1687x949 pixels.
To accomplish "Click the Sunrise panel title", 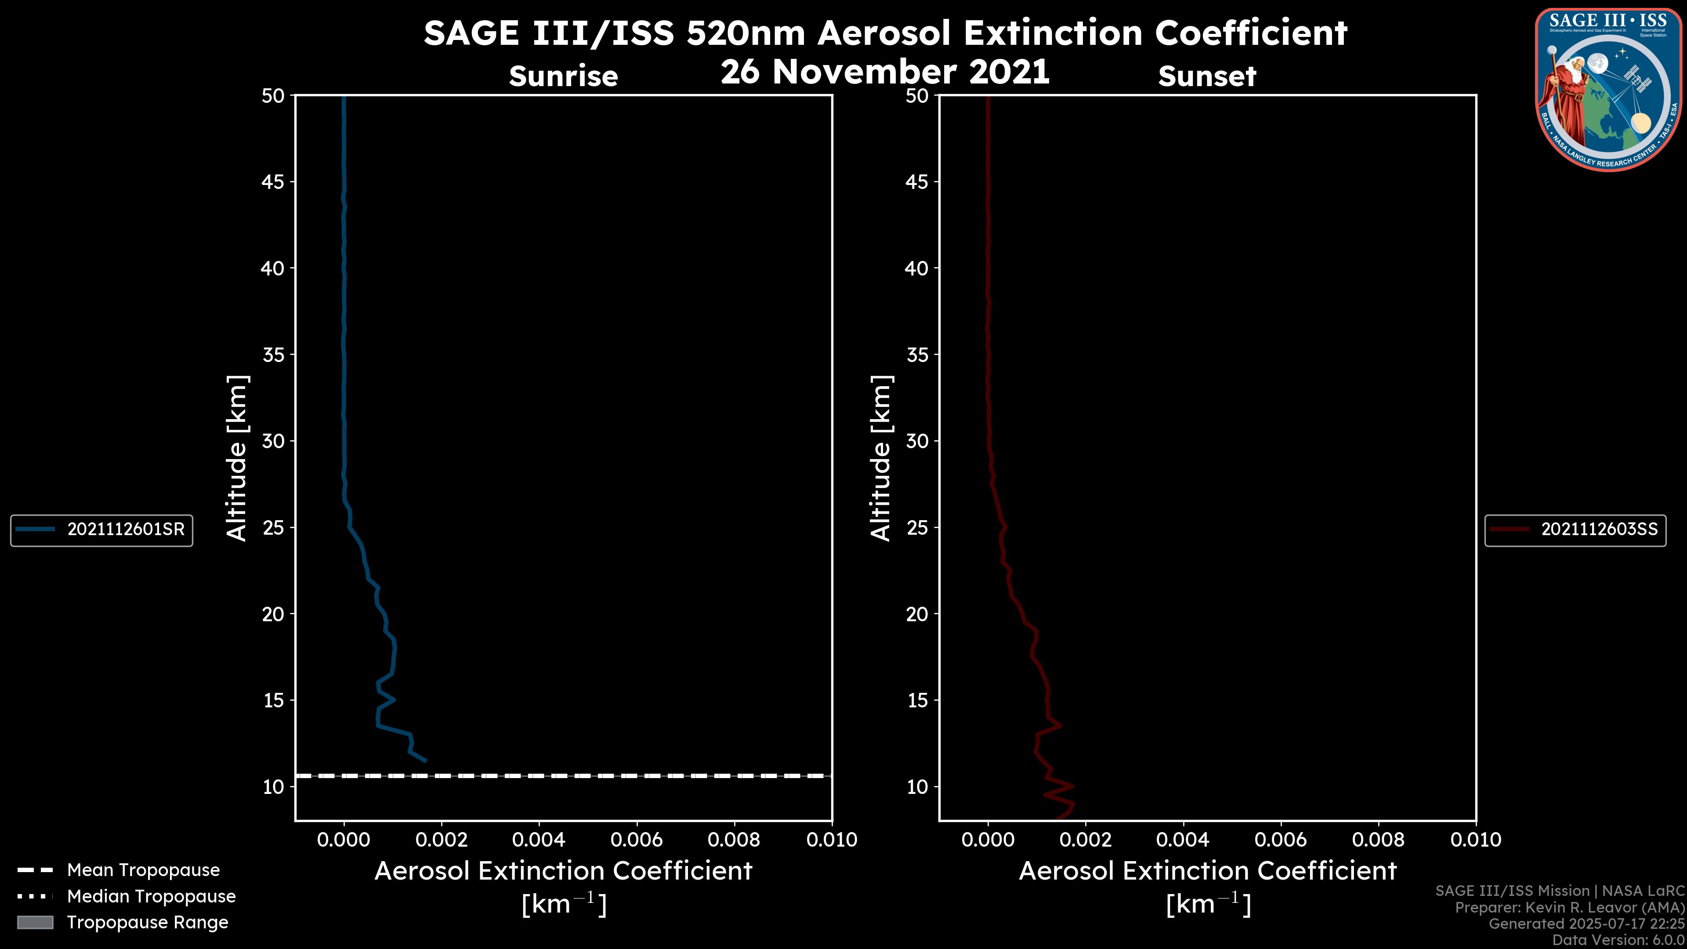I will [563, 76].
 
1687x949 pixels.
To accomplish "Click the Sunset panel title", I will [1206, 76].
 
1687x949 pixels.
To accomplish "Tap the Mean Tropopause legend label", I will [143, 870].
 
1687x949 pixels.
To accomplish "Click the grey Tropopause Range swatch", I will [35, 923].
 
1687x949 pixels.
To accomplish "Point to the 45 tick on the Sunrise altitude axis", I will [272, 182].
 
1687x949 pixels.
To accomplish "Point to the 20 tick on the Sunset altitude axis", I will [917, 614].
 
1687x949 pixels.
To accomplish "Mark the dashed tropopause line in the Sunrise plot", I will [563, 776].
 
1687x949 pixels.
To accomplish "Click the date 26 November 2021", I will [885, 72].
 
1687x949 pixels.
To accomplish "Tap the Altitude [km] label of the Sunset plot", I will [881, 458].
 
